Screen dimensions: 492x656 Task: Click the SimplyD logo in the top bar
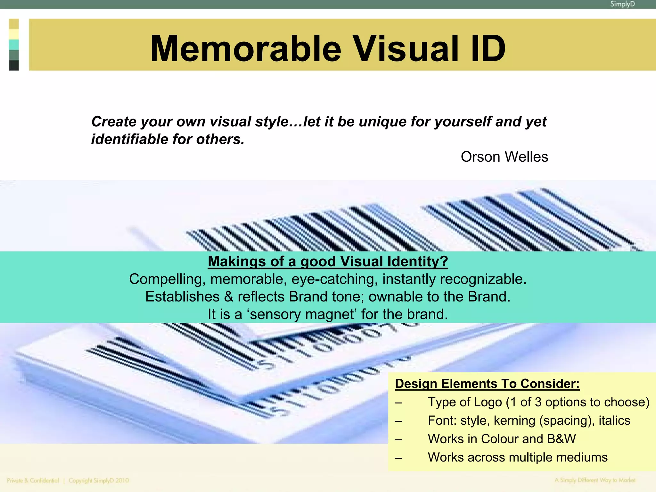622,4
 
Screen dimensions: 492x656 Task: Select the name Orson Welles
504,157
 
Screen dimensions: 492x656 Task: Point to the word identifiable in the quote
129,140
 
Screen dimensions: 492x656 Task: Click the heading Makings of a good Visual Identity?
328,261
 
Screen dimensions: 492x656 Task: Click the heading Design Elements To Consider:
487,384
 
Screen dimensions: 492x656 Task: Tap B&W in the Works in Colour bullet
561,439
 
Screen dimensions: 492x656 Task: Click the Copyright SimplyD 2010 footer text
99,480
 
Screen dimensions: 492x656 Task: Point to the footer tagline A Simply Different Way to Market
595,480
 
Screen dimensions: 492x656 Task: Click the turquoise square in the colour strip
14,45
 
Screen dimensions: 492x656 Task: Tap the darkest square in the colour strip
14,65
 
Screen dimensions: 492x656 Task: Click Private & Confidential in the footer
33,480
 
